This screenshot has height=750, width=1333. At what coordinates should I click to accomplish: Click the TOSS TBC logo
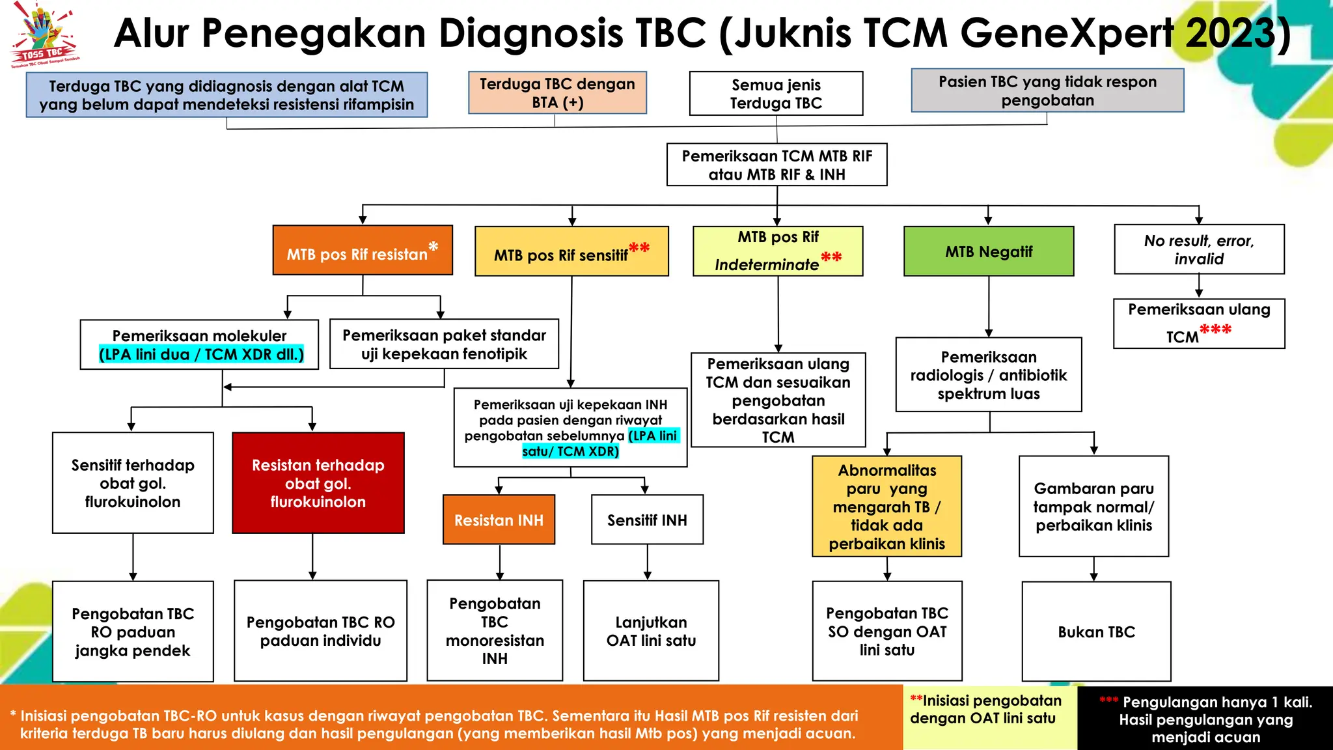tap(44, 36)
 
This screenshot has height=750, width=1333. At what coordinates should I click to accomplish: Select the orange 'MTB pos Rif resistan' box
tap(363, 251)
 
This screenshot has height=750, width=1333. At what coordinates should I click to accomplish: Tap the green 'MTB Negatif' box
tap(988, 251)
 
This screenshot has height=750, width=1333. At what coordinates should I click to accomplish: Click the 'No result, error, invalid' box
tap(1199, 249)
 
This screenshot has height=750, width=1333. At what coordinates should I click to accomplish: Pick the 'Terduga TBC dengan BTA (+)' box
tap(557, 93)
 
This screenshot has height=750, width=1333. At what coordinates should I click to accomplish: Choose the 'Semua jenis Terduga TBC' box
tap(776, 94)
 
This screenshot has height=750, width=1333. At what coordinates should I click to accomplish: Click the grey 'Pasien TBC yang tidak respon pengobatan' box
tap(1047, 91)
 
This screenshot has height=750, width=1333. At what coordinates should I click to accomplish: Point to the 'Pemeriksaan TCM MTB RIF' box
tap(776, 165)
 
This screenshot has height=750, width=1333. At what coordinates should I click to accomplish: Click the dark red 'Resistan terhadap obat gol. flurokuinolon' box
tap(318, 483)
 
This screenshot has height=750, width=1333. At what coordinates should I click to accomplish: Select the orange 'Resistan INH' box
tap(499, 520)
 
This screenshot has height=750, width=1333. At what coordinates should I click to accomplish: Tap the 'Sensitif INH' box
tap(647, 520)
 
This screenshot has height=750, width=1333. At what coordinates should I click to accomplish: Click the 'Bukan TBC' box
tap(1096, 632)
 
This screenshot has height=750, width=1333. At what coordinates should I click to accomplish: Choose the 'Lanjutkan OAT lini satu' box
tap(651, 631)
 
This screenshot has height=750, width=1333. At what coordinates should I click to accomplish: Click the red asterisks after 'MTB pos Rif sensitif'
tap(639, 248)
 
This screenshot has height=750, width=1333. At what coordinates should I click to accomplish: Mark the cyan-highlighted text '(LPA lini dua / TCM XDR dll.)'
tap(201, 354)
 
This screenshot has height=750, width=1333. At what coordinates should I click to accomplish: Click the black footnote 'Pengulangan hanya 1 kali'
tap(1205, 719)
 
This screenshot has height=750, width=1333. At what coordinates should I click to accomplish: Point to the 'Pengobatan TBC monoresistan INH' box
tap(495, 630)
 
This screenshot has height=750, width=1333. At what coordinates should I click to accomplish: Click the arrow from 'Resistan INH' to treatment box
tap(500, 562)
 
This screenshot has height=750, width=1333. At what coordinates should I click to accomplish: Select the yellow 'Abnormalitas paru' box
tap(886, 507)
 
